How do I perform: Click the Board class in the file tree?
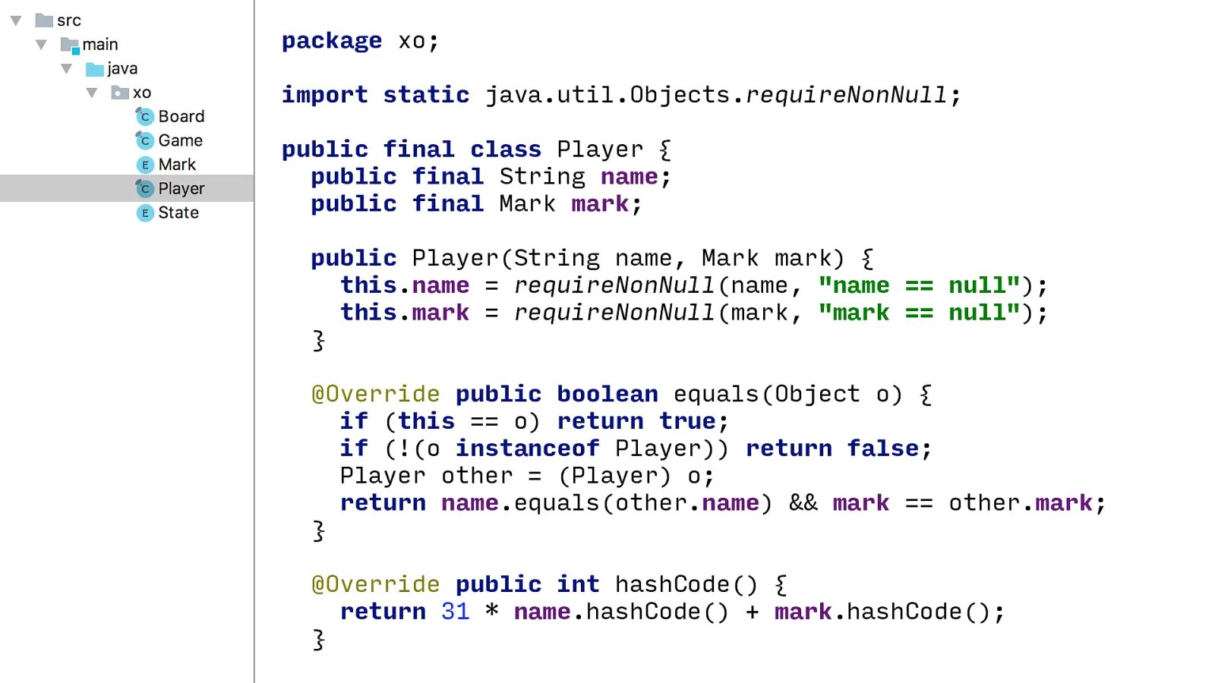click(x=181, y=116)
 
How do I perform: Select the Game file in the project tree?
click(x=180, y=140)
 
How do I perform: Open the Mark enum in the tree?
click(x=176, y=165)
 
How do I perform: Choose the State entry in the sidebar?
click(x=178, y=212)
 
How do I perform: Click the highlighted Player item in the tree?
click(x=181, y=188)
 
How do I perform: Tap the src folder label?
click(x=68, y=20)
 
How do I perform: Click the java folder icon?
click(x=95, y=69)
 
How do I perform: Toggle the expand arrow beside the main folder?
click(x=41, y=45)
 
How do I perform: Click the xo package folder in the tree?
click(x=141, y=93)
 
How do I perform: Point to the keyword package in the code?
click(x=331, y=41)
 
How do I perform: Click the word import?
click(x=324, y=95)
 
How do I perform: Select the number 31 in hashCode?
click(x=455, y=612)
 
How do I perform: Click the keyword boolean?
click(x=607, y=394)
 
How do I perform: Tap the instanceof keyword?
click(x=527, y=449)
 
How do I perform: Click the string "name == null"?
click(x=919, y=285)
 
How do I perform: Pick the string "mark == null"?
click(x=919, y=313)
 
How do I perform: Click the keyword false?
click(x=882, y=449)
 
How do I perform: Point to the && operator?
click(x=803, y=503)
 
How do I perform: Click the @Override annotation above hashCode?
click(x=375, y=584)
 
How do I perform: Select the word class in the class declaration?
click(x=505, y=150)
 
